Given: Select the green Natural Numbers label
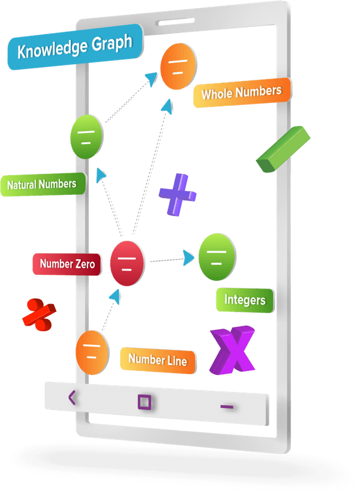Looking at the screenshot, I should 42,184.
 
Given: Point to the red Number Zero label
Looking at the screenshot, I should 67,263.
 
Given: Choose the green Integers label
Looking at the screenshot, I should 245,299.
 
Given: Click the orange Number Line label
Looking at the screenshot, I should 158,360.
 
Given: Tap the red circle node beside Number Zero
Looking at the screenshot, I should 127,262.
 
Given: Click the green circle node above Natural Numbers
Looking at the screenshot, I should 87,136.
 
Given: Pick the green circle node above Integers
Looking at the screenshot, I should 217,257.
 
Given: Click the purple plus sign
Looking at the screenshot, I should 178,194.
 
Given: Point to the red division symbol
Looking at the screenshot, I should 40,314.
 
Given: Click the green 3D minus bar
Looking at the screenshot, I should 283,149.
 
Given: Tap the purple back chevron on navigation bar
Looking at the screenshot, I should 72,397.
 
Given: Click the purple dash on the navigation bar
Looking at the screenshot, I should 227,407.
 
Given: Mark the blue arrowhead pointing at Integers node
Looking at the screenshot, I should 189,258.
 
